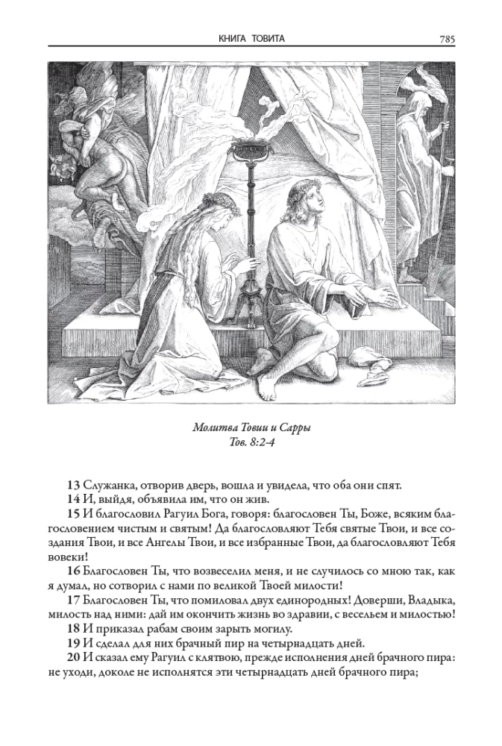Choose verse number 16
(73, 571)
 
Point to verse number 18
(73, 628)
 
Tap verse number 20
(73, 656)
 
